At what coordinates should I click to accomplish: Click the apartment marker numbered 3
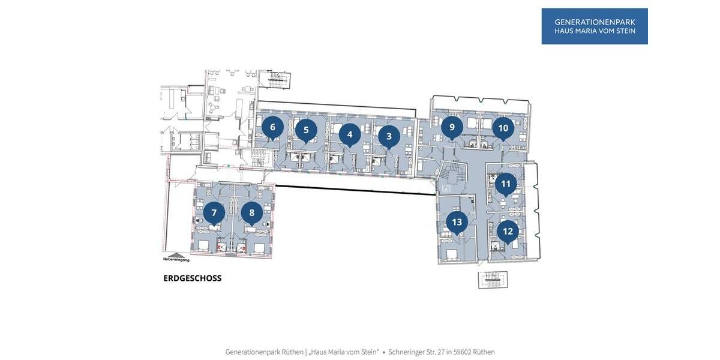(x=389, y=137)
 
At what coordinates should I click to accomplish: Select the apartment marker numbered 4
(x=350, y=135)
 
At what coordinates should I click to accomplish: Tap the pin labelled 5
(x=306, y=130)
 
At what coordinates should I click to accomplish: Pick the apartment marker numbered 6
(x=272, y=127)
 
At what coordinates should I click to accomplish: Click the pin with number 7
(x=214, y=212)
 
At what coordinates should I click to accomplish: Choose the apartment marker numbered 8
(x=252, y=212)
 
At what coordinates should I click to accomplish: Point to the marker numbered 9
(x=452, y=127)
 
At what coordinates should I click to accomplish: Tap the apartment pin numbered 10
(x=503, y=128)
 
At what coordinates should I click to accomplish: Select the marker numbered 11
(x=506, y=184)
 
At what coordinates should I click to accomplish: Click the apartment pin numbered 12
(x=508, y=231)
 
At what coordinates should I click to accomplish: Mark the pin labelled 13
(x=457, y=222)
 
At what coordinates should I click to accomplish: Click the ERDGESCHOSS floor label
(x=192, y=278)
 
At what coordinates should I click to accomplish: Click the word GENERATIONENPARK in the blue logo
(x=595, y=22)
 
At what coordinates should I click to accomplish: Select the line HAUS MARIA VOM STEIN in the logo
(x=595, y=31)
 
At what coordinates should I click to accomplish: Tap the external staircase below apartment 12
(x=493, y=279)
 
